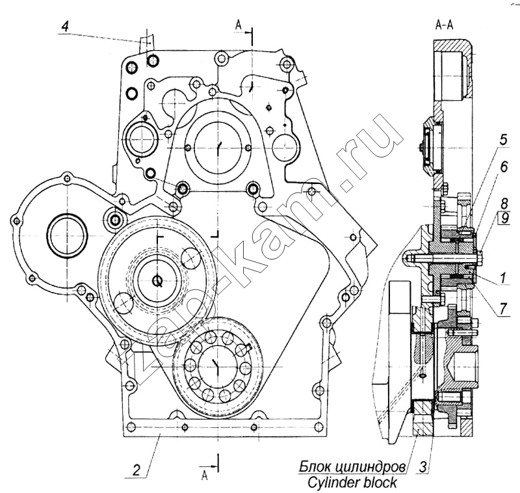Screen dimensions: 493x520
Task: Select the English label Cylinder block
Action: (x=353, y=483)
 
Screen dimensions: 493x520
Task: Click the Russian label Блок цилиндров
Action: (x=353, y=466)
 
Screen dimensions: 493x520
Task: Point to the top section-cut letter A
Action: (x=239, y=25)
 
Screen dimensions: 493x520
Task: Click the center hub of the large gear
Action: (x=156, y=281)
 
